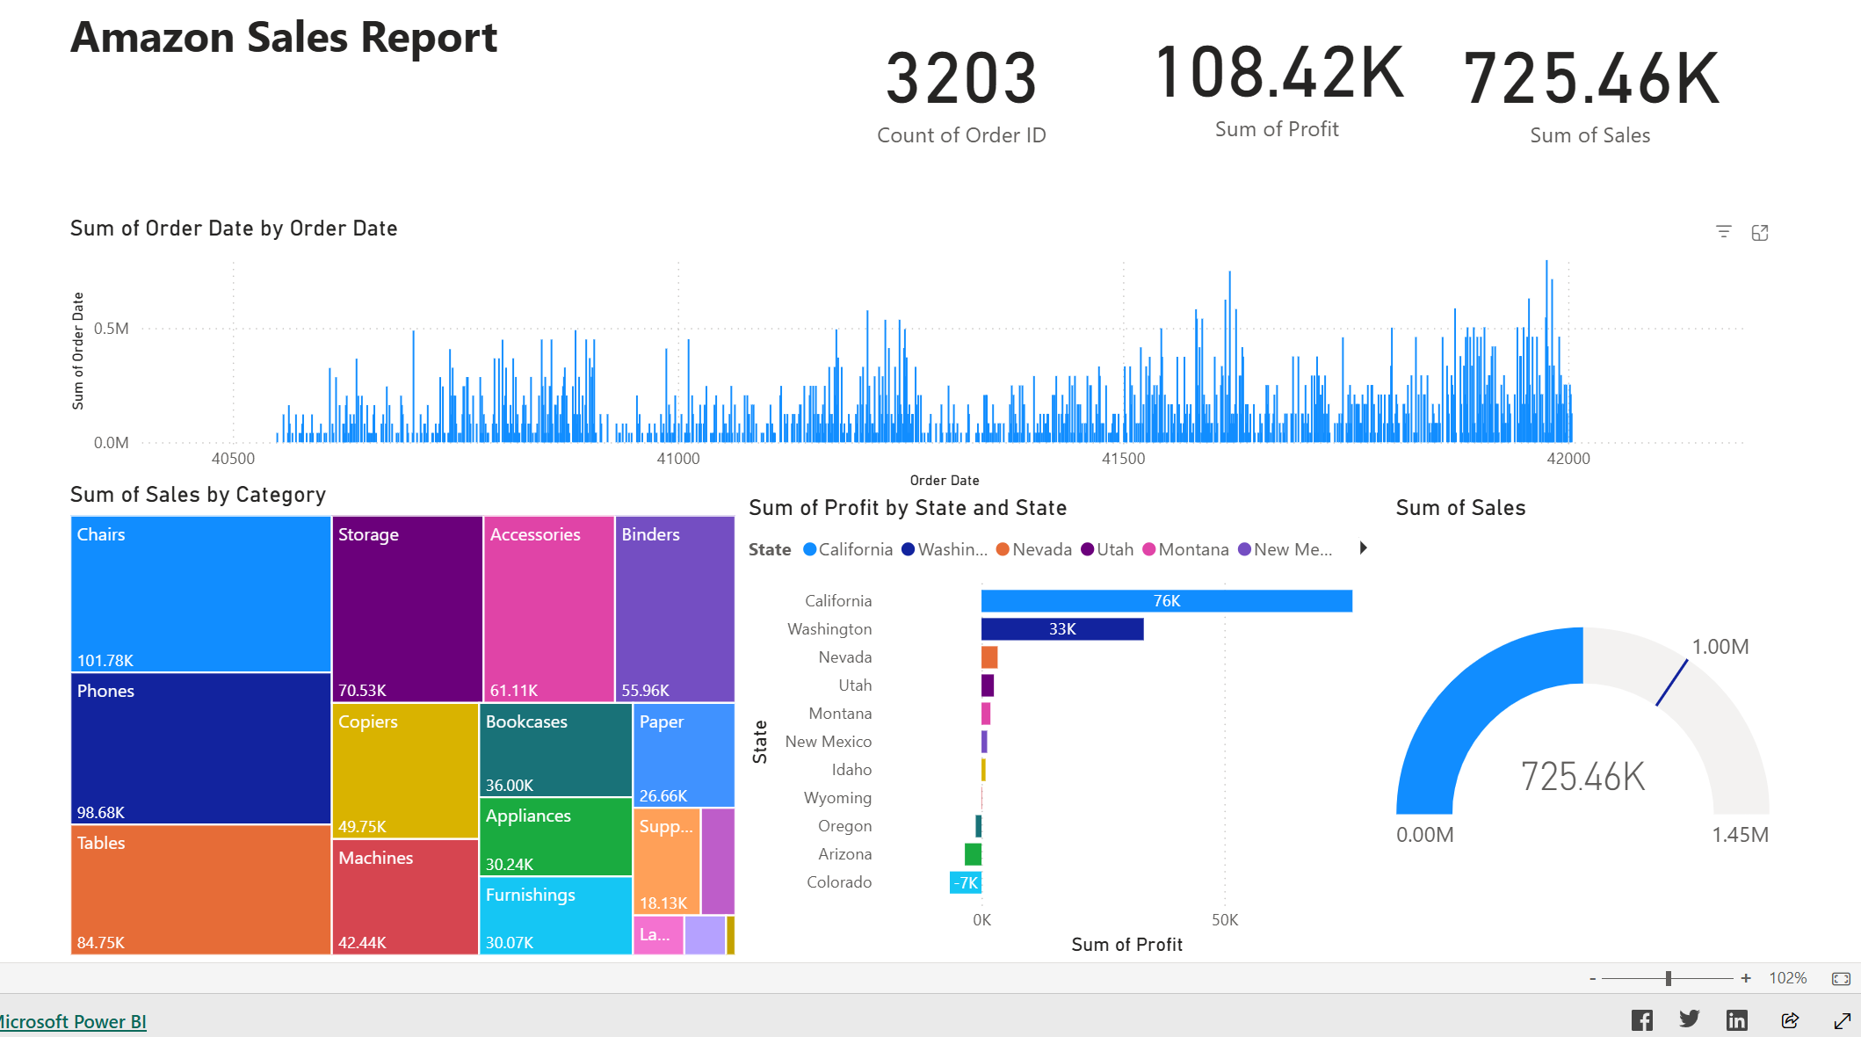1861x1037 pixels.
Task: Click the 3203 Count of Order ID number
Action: pos(961,79)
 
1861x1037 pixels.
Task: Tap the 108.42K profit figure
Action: pos(1278,73)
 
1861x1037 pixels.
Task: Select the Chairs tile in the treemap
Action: pos(200,594)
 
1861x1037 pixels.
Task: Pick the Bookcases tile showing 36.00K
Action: pos(555,750)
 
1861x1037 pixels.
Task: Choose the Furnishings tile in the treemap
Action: pos(555,915)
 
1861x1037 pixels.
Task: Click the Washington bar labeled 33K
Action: pos(1061,629)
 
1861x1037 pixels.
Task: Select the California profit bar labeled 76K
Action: pos(1166,601)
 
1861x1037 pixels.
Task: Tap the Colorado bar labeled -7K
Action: pos(966,882)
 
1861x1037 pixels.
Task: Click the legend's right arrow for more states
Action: pos(1363,548)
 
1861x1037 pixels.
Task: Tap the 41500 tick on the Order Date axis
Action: pos(1123,459)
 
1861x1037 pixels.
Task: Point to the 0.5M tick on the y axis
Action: pos(112,329)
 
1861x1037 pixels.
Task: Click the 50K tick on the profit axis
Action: pos(1224,920)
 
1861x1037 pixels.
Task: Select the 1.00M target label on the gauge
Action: pos(1720,647)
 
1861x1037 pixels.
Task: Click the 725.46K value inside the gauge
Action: pos(1582,777)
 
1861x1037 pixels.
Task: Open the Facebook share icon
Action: pos(1641,1020)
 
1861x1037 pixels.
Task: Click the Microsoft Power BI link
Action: pos(73,1021)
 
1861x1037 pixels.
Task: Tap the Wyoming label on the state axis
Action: pos(837,798)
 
